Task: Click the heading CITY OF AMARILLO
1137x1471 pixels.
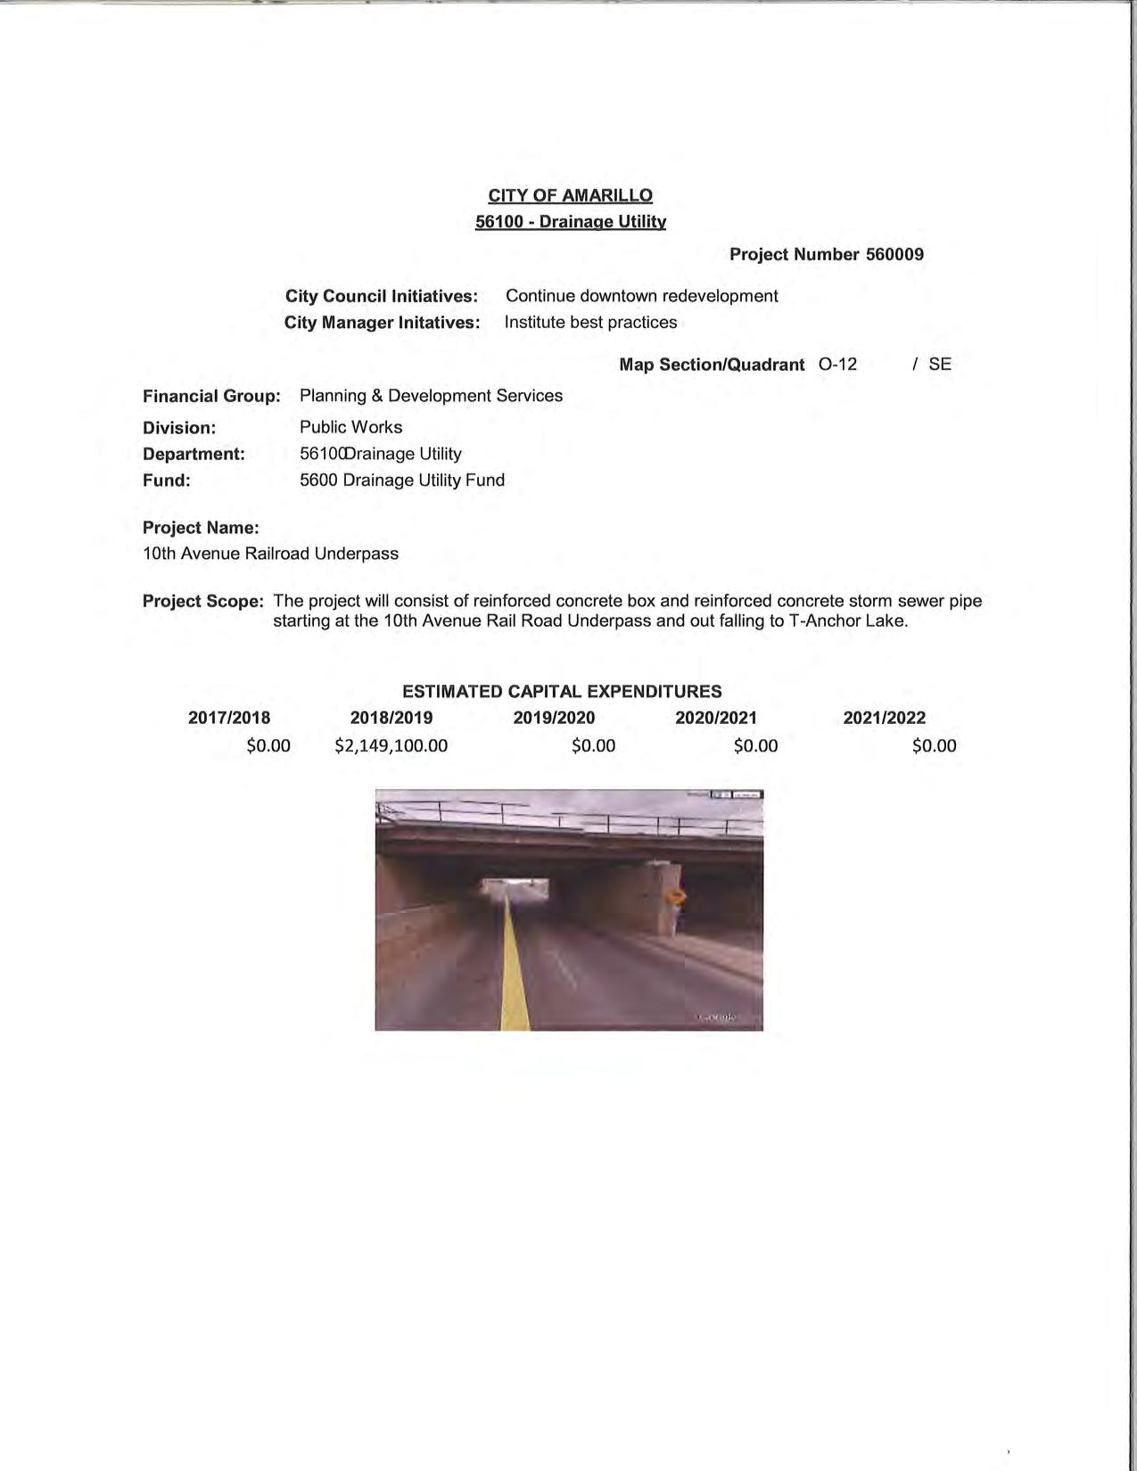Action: pos(570,195)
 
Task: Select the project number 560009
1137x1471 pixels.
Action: pos(894,254)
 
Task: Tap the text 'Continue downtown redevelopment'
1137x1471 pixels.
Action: pos(641,296)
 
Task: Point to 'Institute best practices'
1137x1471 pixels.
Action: pos(590,322)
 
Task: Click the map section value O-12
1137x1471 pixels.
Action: pos(837,364)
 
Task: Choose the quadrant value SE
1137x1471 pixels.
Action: pos(940,364)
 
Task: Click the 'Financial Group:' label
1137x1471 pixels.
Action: pos(211,396)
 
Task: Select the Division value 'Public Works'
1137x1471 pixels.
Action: pos(350,427)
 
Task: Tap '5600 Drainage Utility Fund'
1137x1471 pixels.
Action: pos(402,480)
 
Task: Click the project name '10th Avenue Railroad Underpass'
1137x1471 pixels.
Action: pos(270,554)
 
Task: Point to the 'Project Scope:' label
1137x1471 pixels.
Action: pos(203,601)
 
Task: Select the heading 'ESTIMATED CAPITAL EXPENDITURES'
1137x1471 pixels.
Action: pos(562,691)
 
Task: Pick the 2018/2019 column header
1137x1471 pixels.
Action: pos(391,718)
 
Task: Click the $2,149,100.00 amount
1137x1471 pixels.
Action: pos(391,745)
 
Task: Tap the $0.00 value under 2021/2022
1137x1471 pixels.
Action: pos(934,745)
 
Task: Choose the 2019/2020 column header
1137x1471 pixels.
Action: pos(554,718)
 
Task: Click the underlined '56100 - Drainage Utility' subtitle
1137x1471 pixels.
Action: pos(570,221)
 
